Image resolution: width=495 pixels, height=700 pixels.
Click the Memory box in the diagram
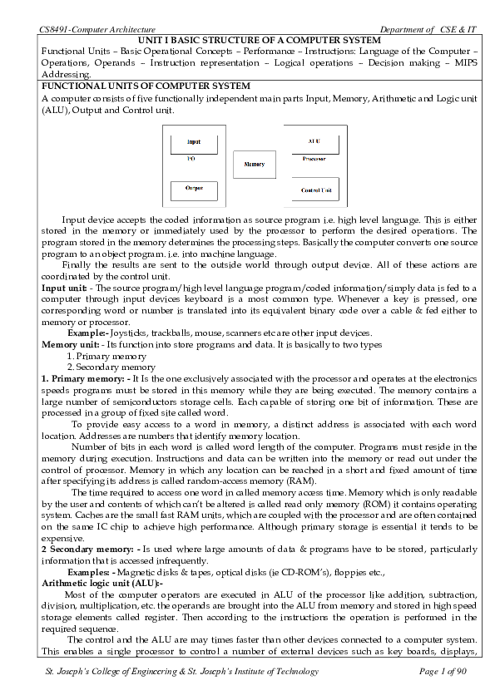point(254,165)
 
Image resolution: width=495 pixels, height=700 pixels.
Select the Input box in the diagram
point(194,142)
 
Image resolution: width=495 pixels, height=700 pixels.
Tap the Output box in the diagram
point(194,188)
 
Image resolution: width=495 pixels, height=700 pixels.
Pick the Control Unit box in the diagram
point(315,190)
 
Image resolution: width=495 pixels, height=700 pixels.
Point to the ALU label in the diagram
point(314,141)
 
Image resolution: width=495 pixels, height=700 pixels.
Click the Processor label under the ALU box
point(314,157)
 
